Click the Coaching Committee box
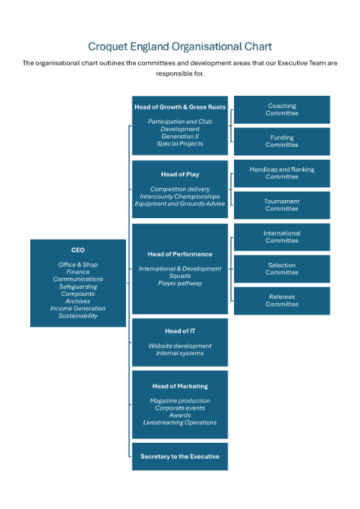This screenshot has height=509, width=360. [x=282, y=109]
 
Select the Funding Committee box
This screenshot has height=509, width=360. [x=282, y=141]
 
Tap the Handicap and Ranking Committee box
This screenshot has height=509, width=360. [x=282, y=174]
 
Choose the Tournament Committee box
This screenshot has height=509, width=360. [x=282, y=205]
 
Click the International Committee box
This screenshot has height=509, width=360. [x=282, y=237]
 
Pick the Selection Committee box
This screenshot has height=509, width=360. [x=282, y=269]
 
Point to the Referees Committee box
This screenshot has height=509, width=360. [x=282, y=301]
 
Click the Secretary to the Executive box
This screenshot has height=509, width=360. [x=180, y=456]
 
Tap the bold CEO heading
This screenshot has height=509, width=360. [x=78, y=250]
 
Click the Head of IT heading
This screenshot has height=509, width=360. [x=180, y=331]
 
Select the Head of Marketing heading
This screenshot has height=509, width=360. [x=180, y=387]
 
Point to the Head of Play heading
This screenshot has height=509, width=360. [x=180, y=174]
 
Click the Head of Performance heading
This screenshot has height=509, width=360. [x=180, y=254]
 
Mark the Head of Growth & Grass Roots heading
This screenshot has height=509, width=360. [x=180, y=107]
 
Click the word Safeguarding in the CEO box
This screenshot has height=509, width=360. [x=78, y=287]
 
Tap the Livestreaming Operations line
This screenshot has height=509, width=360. [x=180, y=423]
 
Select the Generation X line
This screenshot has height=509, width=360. [x=180, y=136]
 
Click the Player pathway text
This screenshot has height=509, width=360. [x=180, y=284]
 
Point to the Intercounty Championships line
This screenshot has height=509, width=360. [x=180, y=197]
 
